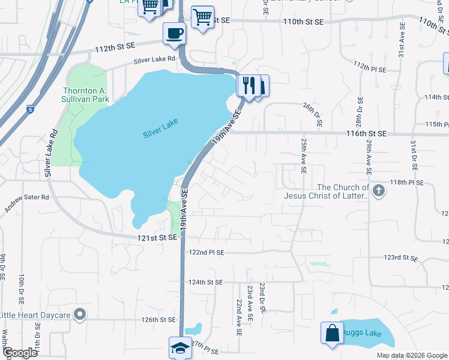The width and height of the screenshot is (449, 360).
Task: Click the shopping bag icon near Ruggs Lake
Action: [x=332, y=332]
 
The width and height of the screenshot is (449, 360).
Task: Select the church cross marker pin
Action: [x=378, y=191]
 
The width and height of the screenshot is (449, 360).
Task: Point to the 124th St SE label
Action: [x=205, y=282]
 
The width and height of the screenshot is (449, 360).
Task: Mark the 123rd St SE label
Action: [x=400, y=257]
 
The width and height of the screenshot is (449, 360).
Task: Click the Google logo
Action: [x=19, y=353]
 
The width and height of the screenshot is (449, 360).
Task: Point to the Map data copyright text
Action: [x=411, y=355]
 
